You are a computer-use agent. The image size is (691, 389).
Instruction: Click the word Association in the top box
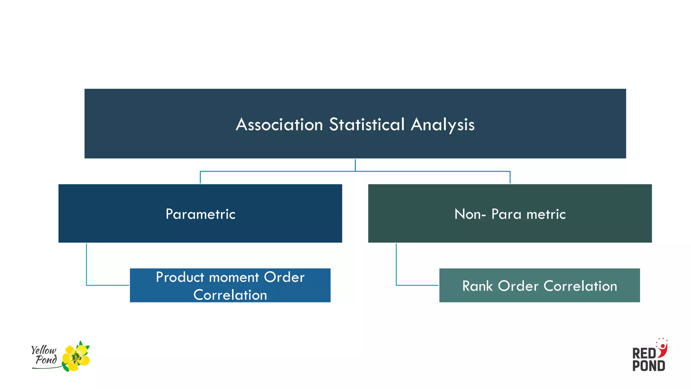(279, 125)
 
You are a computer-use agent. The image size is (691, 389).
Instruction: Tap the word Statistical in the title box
(367, 125)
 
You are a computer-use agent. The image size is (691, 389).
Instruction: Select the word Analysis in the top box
(442, 125)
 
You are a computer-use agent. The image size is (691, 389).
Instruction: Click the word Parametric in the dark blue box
(200, 214)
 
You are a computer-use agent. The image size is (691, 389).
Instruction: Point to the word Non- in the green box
(470, 214)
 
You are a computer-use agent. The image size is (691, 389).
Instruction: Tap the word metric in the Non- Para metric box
(546, 214)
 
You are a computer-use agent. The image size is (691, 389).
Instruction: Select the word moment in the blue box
(234, 277)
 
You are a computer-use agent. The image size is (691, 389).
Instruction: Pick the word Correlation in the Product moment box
(230, 295)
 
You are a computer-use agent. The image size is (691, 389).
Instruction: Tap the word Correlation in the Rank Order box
(580, 286)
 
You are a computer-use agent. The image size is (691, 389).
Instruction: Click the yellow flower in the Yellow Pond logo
(76, 357)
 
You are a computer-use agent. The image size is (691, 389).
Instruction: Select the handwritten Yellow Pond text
(44, 355)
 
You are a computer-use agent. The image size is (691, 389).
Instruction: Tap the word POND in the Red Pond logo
(648, 366)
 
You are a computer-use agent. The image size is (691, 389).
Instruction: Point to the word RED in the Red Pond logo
(644, 354)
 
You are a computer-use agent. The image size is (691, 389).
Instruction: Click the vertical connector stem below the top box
(355, 165)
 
